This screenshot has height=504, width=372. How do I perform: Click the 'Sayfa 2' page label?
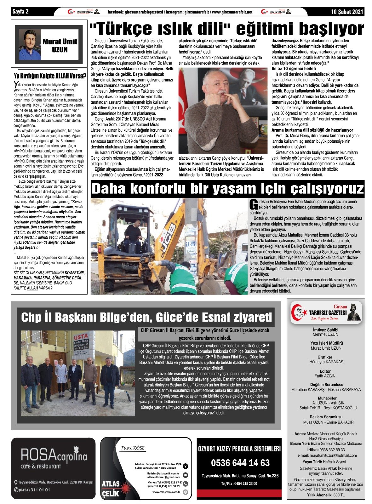[20, 12]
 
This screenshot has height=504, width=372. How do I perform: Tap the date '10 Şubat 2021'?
[347, 12]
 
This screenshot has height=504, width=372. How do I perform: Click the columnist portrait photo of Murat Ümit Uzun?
[30, 45]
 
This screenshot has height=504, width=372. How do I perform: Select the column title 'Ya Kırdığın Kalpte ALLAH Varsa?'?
[50, 76]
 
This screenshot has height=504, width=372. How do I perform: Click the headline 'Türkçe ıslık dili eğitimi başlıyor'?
[227, 29]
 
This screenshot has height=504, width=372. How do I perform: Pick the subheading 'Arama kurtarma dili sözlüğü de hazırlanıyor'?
[312, 130]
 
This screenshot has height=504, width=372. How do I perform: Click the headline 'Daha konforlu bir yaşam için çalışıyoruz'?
[227, 189]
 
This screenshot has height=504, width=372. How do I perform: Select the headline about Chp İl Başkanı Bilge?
[146, 317]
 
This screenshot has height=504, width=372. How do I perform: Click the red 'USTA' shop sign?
[81, 336]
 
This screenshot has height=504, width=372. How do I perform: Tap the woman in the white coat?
[61, 377]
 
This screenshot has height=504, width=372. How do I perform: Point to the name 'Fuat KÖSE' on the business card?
[133, 448]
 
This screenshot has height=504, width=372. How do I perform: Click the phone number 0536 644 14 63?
[240, 463]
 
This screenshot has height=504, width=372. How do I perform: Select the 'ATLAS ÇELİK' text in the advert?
[111, 489]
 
